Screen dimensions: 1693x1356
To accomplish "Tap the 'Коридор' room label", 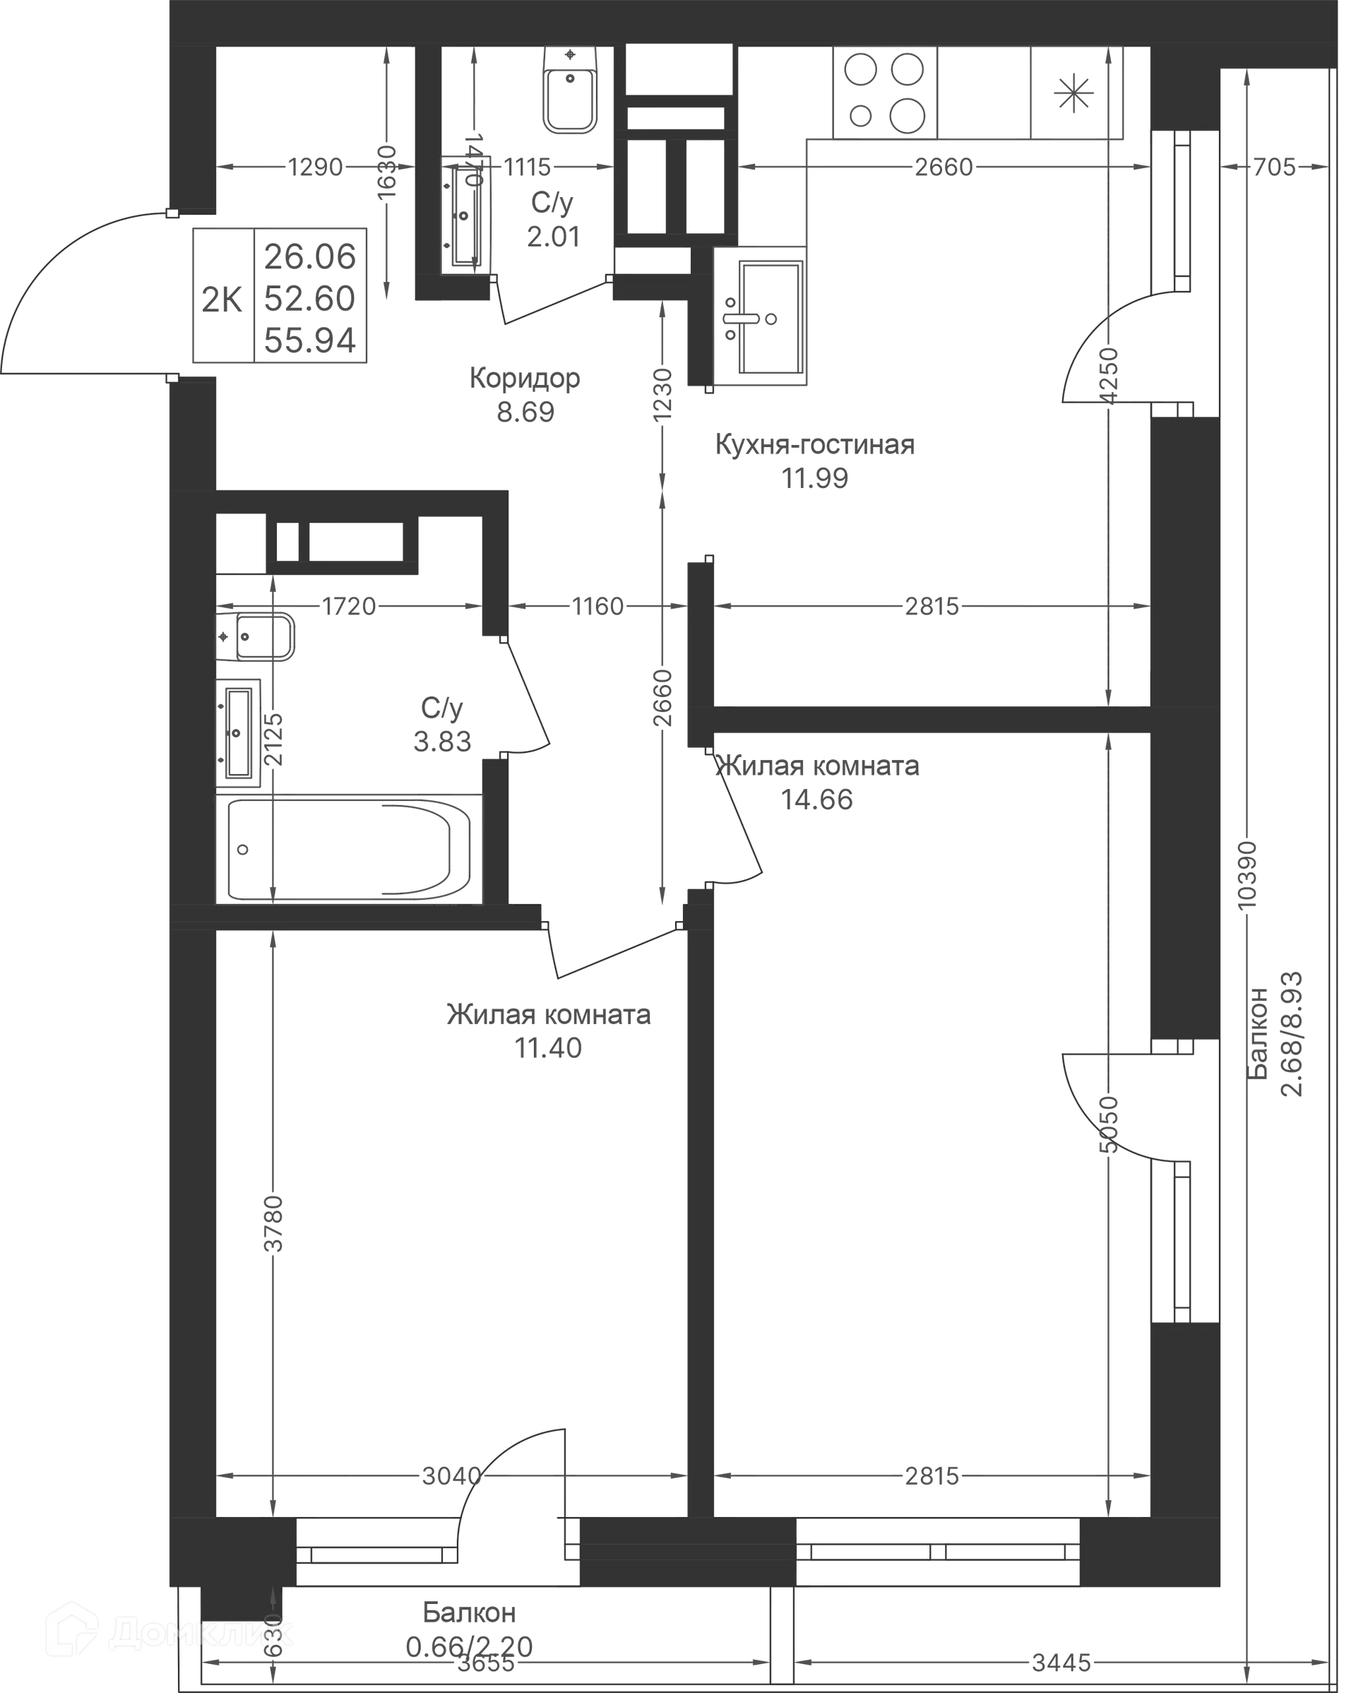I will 525,379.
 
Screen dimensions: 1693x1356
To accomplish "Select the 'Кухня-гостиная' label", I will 814,444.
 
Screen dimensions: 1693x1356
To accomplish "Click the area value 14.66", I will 817,800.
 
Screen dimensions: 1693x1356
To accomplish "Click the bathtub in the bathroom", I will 350,848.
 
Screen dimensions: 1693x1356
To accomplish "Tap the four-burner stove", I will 884,93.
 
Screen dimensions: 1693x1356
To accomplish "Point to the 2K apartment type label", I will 222,298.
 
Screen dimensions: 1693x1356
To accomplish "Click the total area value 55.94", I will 310,340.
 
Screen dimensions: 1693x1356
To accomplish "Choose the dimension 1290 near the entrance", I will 316,167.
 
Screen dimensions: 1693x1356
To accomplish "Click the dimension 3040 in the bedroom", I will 451,1476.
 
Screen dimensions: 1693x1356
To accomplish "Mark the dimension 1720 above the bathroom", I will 350,607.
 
